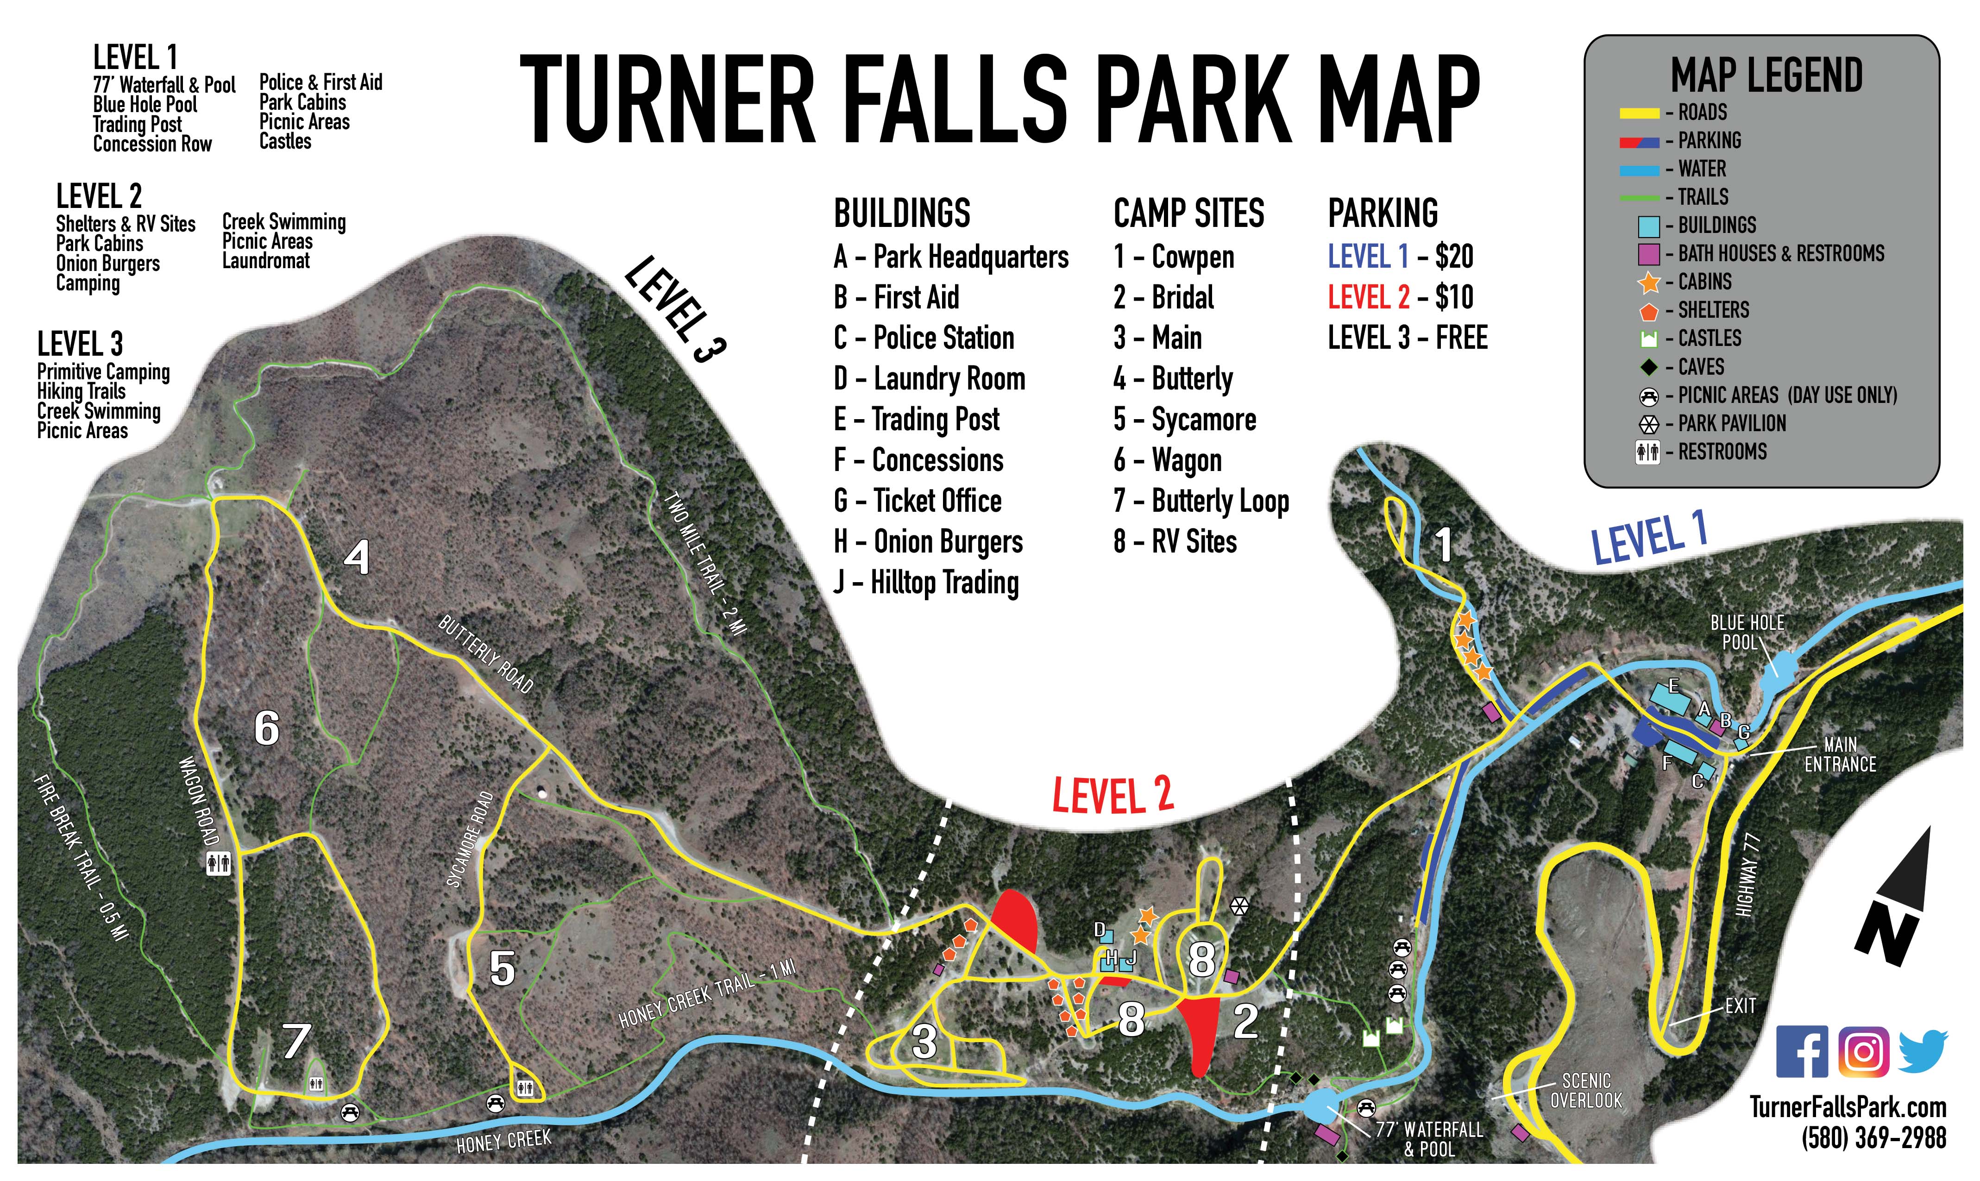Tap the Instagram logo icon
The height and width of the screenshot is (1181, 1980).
click(1863, 1051)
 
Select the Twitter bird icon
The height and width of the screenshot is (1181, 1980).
click(1923, 1051)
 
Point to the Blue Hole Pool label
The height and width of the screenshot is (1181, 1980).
click(1747, 633)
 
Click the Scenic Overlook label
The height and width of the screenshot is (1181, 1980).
click(1586, 1090)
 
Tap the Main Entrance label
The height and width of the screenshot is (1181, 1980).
click(1840, 754)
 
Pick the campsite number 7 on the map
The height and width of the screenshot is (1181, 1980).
click(296, 1040)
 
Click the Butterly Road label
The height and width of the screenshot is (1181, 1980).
click(485, 653)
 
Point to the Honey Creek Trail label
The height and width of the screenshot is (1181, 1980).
click(707, 993)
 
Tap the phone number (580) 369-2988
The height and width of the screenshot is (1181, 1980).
click(1873, 1138)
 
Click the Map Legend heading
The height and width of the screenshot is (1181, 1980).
click(1766, 75)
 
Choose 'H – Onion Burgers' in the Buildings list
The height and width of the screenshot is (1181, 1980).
click(928, 542)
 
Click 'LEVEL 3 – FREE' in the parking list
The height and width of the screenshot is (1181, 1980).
click(1407, 338)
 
